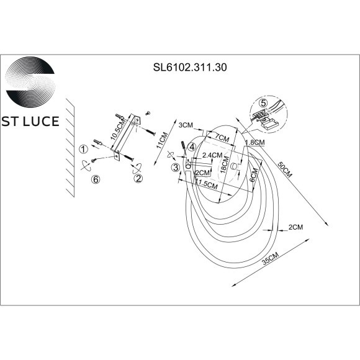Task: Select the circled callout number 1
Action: [x=82, y=149]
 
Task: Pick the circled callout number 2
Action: [x=138, y=178]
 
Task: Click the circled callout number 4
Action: [x=192, y=147]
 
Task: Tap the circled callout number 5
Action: [x=263, y=103]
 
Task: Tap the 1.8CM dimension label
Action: [x=255, y=143]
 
